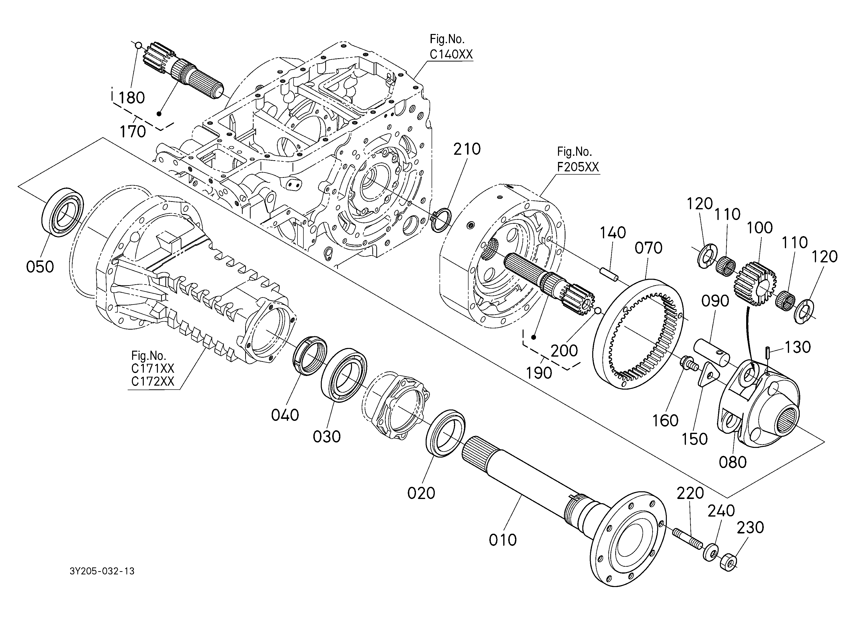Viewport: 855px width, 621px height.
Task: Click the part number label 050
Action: [40, 267]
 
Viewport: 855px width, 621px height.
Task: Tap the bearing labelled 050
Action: [62, 212]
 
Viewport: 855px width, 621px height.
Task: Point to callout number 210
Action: [467, 149]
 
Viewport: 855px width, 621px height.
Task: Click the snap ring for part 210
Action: [440, 220]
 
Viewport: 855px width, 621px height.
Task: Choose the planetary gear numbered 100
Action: [754, 283]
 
